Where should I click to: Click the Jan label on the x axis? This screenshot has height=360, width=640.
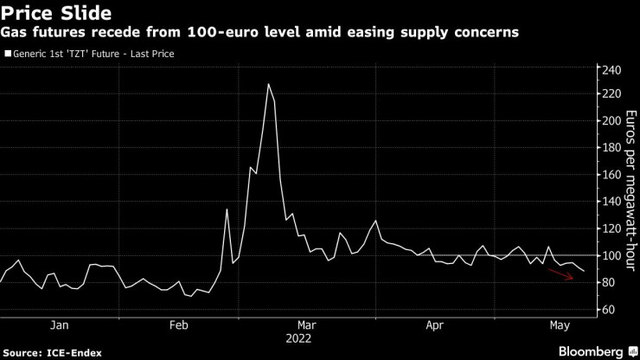(59, 325)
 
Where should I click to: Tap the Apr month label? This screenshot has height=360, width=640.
(436, 325)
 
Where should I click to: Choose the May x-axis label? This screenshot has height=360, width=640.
(559, 325)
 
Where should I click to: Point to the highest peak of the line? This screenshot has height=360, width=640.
(269, 84)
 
